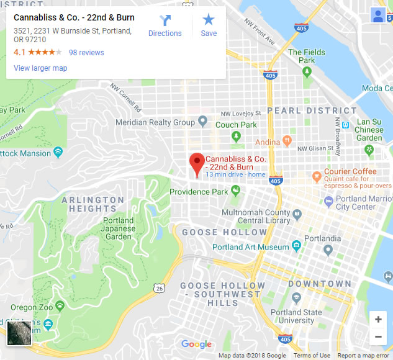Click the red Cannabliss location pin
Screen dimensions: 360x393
tap(197, 163)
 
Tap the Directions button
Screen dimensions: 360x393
tap(165, 26)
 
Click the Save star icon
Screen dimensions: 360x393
tap(209, 26)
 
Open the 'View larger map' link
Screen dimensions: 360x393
tap(40, 68)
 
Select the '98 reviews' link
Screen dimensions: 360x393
tap(86, 53)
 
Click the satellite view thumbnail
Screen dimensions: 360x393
tap(19, 332)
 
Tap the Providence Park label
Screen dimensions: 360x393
tap(199, 192)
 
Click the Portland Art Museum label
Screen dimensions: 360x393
tap(250, 247)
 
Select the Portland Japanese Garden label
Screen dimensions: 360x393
tap(118, 228)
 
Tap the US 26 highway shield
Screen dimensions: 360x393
tap(160, 289)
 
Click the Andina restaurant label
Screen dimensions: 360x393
tap(268, 142)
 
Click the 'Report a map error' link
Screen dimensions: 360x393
tap(364, 356)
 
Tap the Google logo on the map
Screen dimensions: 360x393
tap(196, 344)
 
